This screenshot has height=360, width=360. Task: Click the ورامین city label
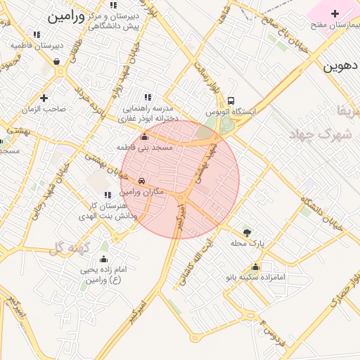tap(66, 18)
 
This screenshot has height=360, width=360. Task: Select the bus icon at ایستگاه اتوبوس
tap(231, 101)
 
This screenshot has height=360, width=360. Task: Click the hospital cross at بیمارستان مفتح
tap(335, 13)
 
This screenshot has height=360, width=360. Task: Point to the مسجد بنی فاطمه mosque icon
tap(145, 136)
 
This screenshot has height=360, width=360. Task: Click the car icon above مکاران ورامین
tap(142, 181)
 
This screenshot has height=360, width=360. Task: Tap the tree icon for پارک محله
tap(247, 232)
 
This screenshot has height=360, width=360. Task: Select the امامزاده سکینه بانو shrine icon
tap(255, 266)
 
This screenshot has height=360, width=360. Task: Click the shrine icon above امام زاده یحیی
tap(104, 259)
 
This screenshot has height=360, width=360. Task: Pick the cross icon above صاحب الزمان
tap(44, 98)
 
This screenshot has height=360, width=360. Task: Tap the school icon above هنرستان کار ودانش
tap(107, 195)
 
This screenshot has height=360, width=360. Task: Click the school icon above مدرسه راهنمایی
tap(148, 98)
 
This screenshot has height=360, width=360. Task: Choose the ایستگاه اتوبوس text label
tap(231, 111)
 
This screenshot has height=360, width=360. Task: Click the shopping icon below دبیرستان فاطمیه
tap(56, 61)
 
